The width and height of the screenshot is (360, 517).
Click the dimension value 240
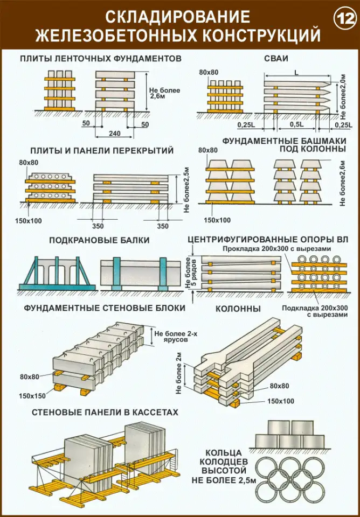[114, 134]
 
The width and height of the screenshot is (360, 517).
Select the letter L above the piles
[296, 74]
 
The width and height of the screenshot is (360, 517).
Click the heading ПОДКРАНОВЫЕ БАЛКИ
[99, 240]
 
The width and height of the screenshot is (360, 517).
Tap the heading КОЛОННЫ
[238, 309]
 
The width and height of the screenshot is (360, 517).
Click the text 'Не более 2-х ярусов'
[171, 336]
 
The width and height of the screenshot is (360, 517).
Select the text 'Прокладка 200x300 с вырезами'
[277, 248]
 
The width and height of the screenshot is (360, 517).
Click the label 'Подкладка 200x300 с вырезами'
[315, 311]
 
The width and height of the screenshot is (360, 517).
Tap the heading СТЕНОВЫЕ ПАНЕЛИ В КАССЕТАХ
[105, 412]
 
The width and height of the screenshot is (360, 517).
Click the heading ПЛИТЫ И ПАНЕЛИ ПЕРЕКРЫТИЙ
[102, 151]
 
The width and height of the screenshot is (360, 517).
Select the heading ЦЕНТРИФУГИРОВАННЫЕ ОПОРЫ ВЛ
[268, 239]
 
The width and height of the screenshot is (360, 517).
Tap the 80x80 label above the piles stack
[209, 73]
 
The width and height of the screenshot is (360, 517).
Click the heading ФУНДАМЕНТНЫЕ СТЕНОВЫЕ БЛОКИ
[104, 308]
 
